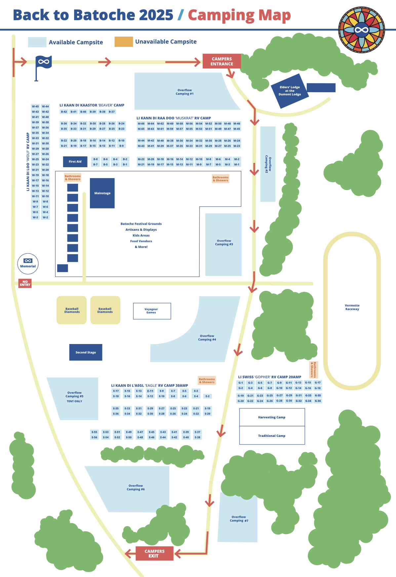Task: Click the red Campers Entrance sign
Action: click(221, 61)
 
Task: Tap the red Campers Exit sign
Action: click(154, 553)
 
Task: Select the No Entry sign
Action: click(25, 283)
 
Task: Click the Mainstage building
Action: click(102, 193)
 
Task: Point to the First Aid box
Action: click(75, 162)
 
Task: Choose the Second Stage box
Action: click(86, 352)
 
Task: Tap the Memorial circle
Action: click(28, 264)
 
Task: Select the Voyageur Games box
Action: click(152, 311)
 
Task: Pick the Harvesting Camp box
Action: click(272, 417)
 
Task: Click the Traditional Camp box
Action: click(272, 436)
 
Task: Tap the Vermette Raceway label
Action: click(352, 307)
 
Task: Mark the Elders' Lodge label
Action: click(290, 91)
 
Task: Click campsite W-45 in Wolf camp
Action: click(35, 106)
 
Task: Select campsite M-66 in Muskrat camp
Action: click(141, 124)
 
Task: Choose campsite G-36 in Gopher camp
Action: click(318, 401)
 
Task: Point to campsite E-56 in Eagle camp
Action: click(95, 437)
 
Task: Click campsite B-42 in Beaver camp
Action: click(64, 112)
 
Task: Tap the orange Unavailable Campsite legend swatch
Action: click(124, 42)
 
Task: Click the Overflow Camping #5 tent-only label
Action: click(74, 397)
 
